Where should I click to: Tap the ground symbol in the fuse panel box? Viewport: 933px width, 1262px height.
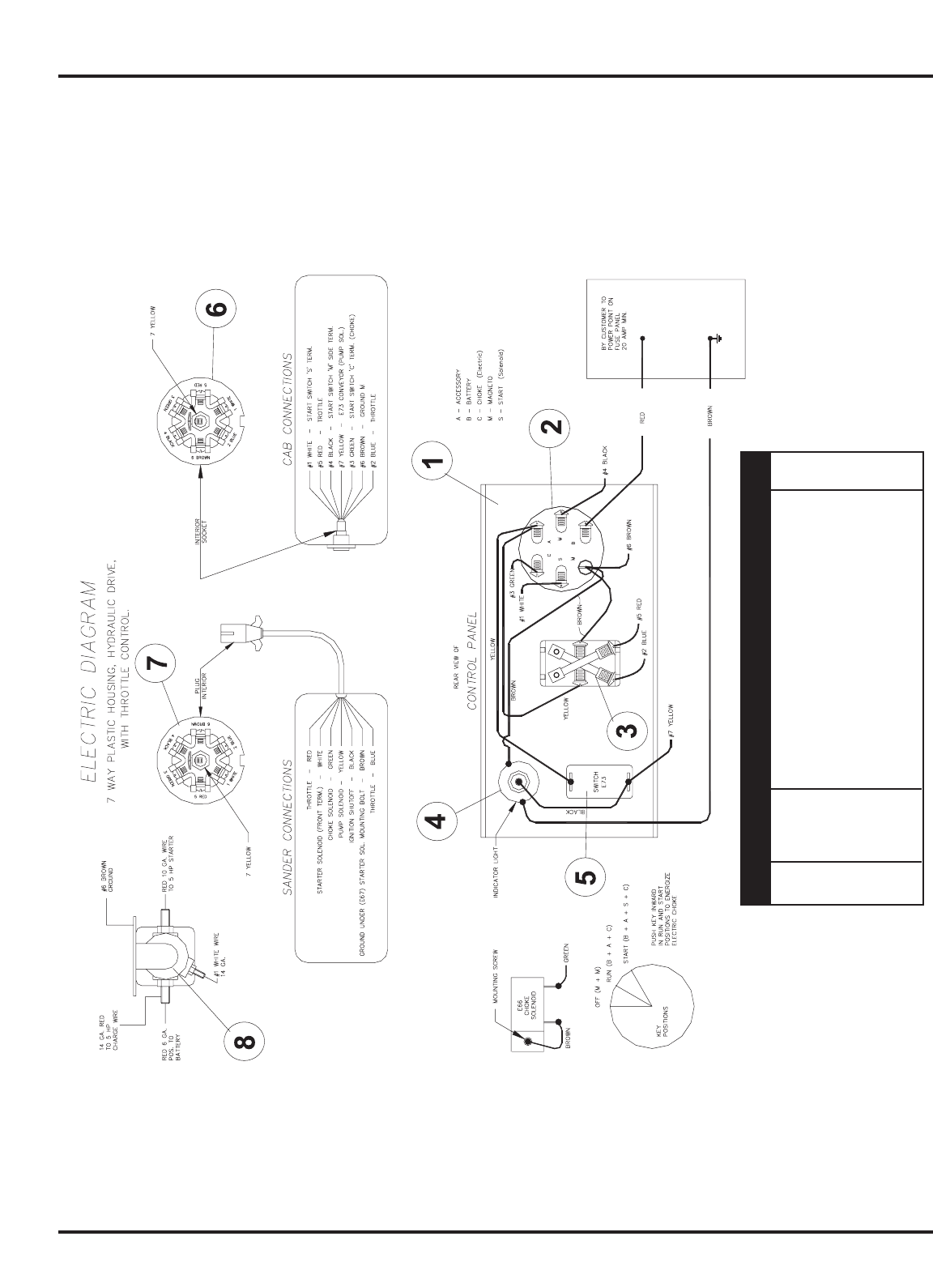pos(714,339)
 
